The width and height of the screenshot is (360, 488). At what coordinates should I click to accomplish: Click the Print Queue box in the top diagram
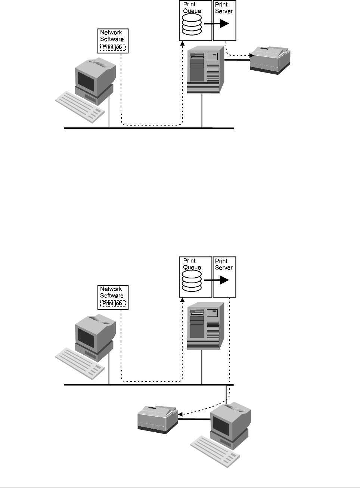196,21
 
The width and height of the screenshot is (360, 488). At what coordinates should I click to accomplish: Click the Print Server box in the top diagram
224,21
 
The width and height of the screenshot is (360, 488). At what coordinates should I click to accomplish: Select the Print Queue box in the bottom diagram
196,277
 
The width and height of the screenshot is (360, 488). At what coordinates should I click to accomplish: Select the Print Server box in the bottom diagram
224,277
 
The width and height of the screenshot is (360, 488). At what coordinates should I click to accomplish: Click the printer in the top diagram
270,59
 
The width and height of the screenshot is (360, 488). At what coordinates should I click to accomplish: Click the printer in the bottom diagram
157,418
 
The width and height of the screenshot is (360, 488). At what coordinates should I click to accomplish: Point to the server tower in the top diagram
205,70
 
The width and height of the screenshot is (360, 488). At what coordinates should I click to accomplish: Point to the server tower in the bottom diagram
205,326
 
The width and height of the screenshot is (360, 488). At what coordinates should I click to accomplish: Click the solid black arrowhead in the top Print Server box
224,24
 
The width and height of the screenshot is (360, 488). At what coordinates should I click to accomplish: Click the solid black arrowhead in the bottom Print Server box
224,280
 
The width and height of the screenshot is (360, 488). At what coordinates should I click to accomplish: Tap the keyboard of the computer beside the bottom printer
215,451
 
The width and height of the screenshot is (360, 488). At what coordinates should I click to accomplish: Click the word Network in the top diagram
111,33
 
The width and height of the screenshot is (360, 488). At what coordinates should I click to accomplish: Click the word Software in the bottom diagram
112,295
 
